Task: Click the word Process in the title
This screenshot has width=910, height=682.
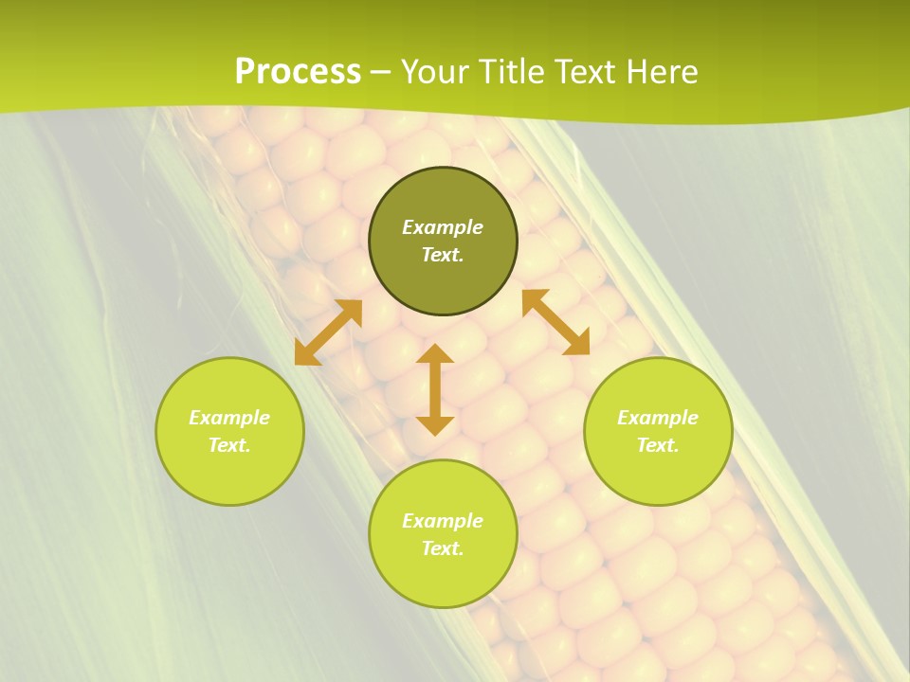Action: [298, 72]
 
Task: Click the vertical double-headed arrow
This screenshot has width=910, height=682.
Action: [435, 389]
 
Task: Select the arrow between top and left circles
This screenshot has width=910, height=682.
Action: [328, 332]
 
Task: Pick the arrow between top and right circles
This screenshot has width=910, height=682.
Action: [555, 322]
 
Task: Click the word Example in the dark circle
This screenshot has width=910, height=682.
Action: [443, 227]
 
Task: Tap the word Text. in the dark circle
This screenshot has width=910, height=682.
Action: [443, 255]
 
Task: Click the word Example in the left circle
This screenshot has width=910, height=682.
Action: [229, 418]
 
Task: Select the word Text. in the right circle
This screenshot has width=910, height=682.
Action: [658, 445]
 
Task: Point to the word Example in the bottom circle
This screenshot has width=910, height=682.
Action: [443, 521]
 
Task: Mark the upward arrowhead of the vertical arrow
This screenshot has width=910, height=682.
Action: [435, 355]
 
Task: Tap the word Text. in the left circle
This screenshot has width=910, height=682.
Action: [229, 445]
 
